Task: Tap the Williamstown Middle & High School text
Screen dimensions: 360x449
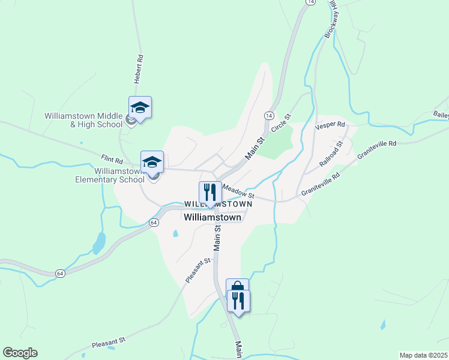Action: click(83, 121)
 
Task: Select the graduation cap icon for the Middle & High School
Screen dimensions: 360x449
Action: click(140, 108)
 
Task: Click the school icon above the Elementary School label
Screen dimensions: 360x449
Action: click(152, 162)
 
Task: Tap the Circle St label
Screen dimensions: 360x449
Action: click(280, 123)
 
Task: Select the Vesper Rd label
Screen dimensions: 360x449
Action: click(330, 127)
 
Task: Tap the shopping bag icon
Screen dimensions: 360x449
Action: click(237, 289)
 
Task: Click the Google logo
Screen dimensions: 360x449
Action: click(20, 353)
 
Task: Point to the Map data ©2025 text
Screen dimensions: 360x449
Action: click(423, 355)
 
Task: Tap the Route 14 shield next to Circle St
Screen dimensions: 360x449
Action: click(268, 115)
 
